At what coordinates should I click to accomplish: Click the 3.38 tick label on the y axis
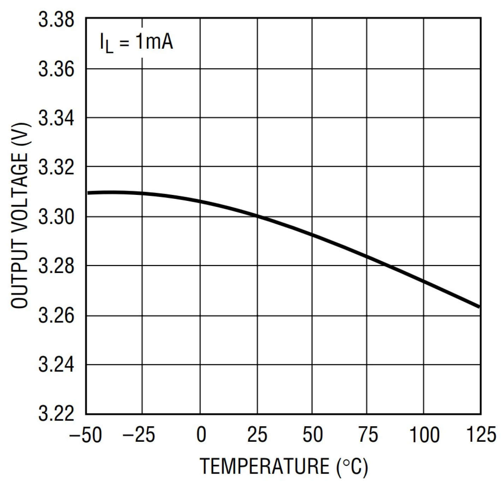point(56,20)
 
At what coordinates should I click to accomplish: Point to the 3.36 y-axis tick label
point(56,69)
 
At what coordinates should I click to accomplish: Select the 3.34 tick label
point(56,118)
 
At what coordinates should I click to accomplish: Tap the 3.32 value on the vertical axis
point(56,167)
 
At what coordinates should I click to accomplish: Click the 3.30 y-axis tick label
point(56,216)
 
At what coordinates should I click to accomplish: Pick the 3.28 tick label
point(56,266)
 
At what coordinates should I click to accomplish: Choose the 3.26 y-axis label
point(56,316)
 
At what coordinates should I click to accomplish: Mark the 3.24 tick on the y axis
point(56,365)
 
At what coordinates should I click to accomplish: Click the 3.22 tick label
point(56,414)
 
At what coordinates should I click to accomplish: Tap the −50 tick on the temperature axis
point(86,435)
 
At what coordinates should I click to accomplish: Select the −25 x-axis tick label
point(139,435)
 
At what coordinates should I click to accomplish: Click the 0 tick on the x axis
point(201,435)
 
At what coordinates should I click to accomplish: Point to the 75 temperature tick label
point(368,435)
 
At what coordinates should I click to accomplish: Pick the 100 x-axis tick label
point(424,435)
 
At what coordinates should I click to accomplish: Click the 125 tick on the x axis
point(481,435)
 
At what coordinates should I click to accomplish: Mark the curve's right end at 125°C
point(479,306)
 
